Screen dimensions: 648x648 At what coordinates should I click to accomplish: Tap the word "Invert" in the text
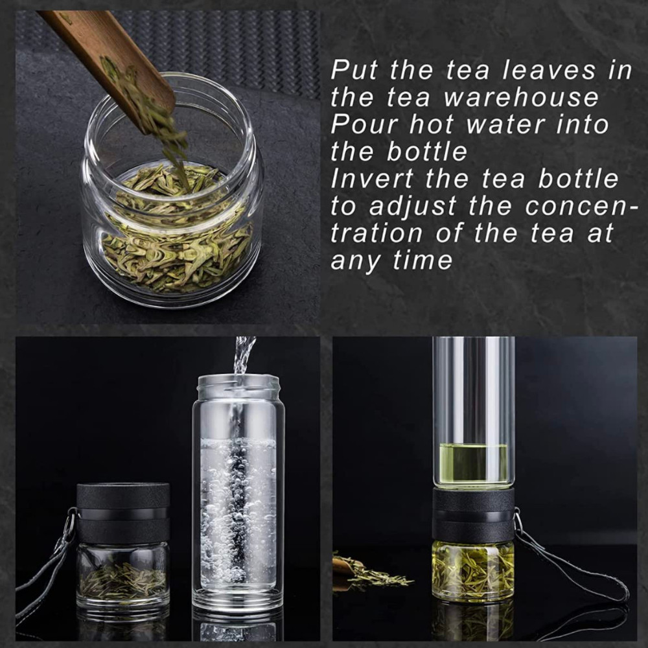pyautogui.click(x=371, y=179)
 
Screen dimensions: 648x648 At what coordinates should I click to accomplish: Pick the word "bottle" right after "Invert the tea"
pyautogui.click(x=578, y=179)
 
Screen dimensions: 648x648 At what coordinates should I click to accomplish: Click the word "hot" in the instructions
pyautogui.click(x=432, y=125)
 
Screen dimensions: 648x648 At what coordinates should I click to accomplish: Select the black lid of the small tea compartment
pyautogui.click(x=122, y=513)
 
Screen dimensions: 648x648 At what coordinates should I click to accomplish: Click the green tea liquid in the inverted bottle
pyautogui.click(x=474, y=463)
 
